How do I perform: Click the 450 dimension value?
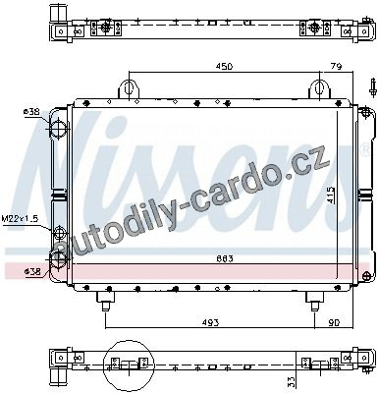tap(224, 67)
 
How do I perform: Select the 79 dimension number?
tap(336, 67)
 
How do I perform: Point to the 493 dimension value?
tap(210, 322)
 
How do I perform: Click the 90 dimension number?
tap(334, 322)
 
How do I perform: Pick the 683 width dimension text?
tap(225, 259)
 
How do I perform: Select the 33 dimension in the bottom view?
tap(292, 381)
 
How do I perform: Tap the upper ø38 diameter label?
tap(31, 112)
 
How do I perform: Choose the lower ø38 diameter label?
tap(32, 271)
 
